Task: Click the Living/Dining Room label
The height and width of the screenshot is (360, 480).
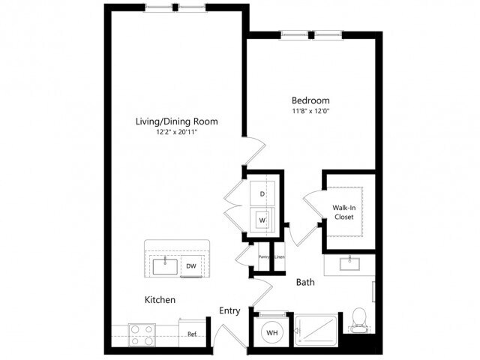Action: (177, 121)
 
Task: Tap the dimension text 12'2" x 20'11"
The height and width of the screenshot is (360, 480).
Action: (177, 133)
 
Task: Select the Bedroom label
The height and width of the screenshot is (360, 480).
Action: (310, 100)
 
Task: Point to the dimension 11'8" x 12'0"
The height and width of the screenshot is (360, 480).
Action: (310, 112)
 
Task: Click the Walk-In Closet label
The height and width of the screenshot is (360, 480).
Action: (343, 212)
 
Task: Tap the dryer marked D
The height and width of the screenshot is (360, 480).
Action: (262, 194)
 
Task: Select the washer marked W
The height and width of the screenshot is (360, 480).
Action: (262, 220)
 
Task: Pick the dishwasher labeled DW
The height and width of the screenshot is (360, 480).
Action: (191, 265)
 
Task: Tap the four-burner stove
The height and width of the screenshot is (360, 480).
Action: (141, 333)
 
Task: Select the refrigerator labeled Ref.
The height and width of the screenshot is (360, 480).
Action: (192, 334)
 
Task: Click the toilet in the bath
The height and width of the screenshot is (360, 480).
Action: (359, 319)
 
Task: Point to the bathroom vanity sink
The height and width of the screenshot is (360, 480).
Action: (349, 263)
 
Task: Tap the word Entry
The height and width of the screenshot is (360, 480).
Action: (229, 310)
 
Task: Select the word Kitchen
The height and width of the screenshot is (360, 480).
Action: (160, 300)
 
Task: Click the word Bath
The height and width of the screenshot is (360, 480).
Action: (304, 283)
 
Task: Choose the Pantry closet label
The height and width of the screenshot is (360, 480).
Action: (265, 257)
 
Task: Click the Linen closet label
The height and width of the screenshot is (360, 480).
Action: (279, 257)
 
